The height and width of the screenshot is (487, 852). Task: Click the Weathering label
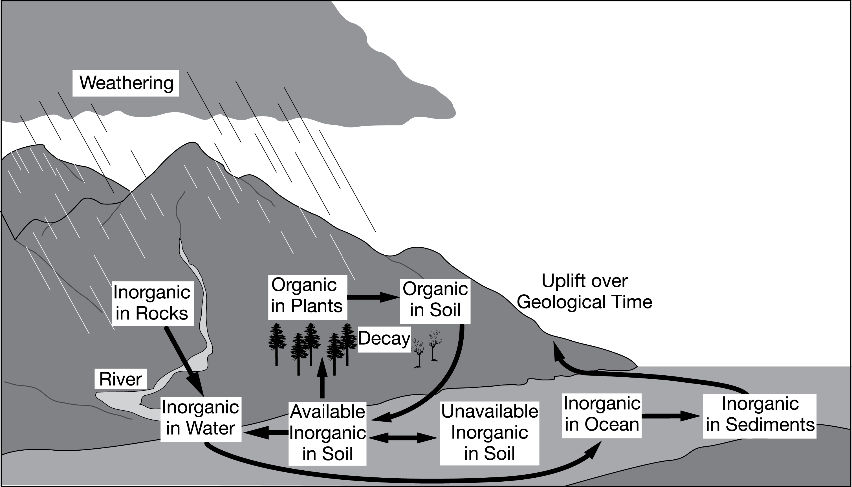126,83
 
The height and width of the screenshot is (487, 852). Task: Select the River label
121,379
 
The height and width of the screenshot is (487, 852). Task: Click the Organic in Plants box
307,296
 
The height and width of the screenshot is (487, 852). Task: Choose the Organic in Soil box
435,300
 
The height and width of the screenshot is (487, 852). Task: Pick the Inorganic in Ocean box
602,415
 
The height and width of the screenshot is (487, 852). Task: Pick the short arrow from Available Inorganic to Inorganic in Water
266,432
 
